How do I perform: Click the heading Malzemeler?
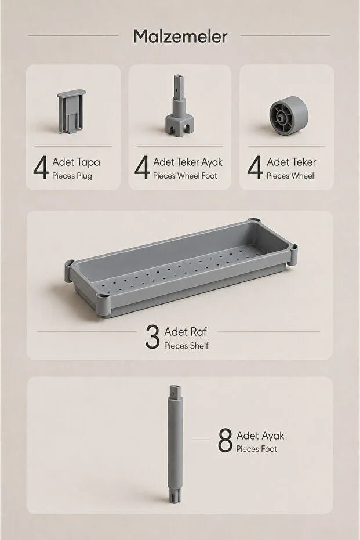click(180, 37)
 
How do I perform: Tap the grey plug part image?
click(71, 111)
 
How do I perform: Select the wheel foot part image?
click(179, 106)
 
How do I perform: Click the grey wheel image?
click(288, 115)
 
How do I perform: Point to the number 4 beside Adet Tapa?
click(41, 168)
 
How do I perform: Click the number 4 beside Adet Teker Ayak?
click(142, 168)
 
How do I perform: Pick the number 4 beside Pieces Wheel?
click(254, 168)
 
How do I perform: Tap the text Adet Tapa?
click(76, 162)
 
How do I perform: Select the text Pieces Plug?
click(72, 176)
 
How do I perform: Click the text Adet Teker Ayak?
click(188, 162)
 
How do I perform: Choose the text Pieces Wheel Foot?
click(185, 176)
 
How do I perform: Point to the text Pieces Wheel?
click(290, 176)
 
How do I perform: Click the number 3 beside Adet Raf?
click(152, 337)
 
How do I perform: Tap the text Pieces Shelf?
click(186, 346)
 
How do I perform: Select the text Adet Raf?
click(186, 332)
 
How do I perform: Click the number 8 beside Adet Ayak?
click(225, 440)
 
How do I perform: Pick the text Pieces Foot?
click(256, 449)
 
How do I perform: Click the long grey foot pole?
click(175, 444)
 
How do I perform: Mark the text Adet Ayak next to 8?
click(260, 436)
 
